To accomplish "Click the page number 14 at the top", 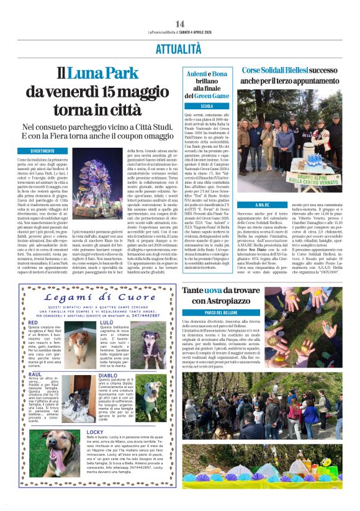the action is click(180, 24).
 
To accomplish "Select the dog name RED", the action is click(33, 323).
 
